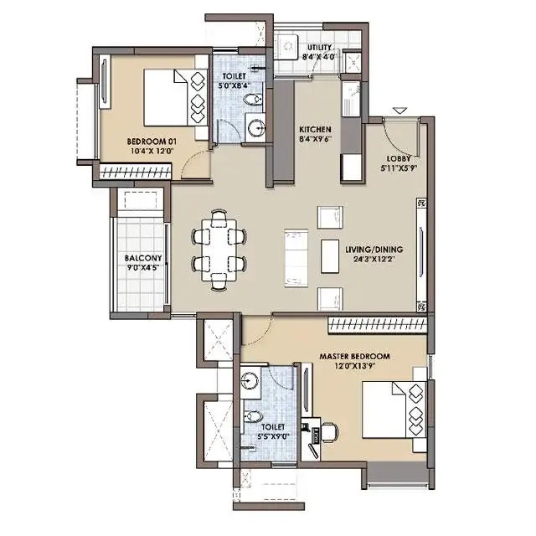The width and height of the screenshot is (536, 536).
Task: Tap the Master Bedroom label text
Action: tap(354, 356)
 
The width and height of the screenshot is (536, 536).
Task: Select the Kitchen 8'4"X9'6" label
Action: tap(315, 134)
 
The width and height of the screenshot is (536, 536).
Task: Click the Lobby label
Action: tap(399, 159)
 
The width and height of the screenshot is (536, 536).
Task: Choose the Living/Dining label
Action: tap(374, 250)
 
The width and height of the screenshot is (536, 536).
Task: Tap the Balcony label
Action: tap(143, 258)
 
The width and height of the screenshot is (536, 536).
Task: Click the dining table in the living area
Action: tap(219, 250)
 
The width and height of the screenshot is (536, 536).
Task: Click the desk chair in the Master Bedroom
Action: tap(329, 432)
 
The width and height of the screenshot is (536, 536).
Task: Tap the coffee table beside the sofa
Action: tap(330, 256)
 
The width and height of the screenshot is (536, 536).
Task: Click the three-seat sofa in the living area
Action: tap(296, 258)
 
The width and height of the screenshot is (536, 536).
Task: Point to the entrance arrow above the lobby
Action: tap(399, 111)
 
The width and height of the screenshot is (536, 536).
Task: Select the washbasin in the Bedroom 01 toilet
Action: tap(255, 128)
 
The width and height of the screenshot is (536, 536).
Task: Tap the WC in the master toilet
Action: tap(253, 416)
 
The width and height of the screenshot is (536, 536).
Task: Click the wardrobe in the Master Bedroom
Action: tap(378, 326)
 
